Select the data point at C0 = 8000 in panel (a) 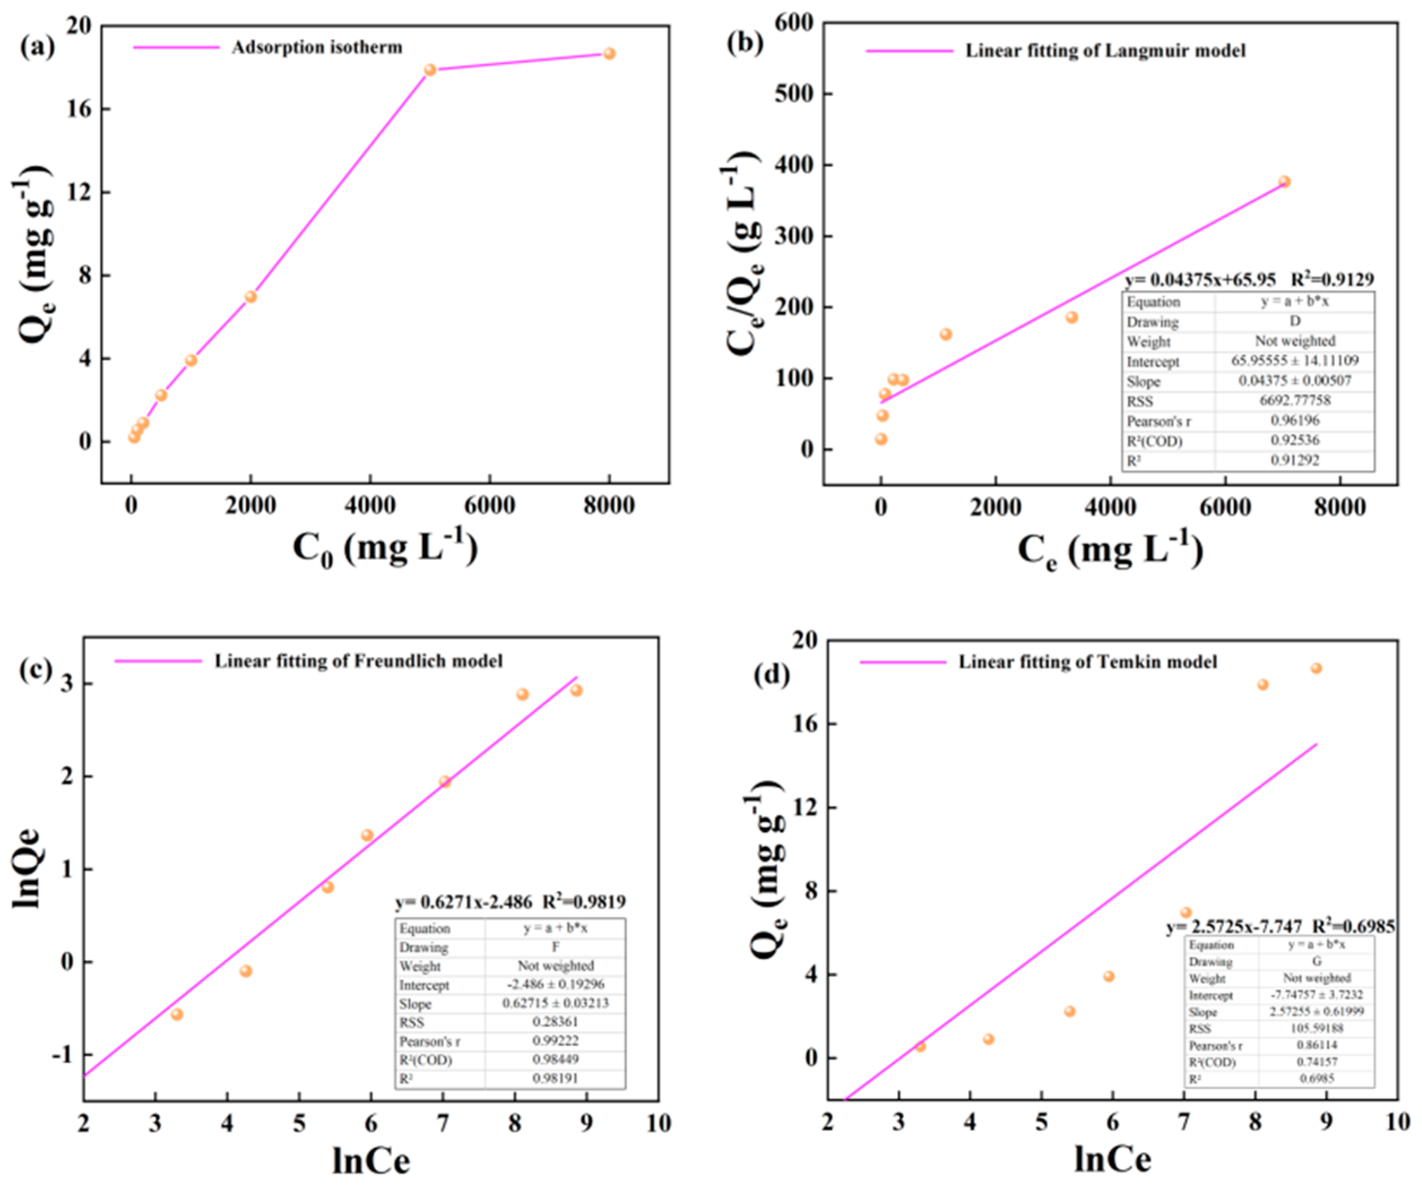click(609, 54)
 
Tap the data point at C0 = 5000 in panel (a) click(430, 70)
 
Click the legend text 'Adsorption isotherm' click(317, 47)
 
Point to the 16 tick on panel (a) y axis click(79, 109)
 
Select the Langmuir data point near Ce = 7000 click(1284, 181)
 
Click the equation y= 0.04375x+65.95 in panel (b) click(1200, 280)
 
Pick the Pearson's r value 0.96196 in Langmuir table click(1294, 421)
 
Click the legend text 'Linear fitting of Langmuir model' click(1105, 51)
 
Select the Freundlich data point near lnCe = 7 click(445, 781)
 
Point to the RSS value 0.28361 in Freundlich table click(554, 1022)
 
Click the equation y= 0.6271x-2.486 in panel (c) click(464, 902)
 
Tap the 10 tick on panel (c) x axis click(657, 1123)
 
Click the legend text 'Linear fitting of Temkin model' click(1087, 662)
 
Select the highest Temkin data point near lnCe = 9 click(1316, 669)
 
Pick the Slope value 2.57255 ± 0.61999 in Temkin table click(1316, 1011)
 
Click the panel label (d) click(771, 676)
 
